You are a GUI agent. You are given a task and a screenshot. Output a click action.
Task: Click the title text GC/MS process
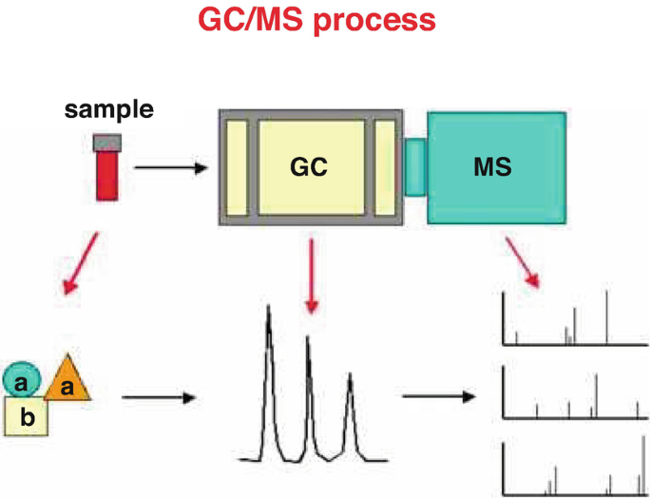point(316,20)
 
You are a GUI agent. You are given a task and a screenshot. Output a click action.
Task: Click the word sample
point(108,110)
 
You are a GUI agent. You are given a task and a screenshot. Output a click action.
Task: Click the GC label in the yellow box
point(309,167)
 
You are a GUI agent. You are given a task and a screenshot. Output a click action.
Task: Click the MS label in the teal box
point(492,167)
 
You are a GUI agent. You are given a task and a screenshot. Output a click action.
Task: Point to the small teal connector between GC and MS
point(415,167)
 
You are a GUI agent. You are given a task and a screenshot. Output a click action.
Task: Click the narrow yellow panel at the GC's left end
point(237,167)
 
